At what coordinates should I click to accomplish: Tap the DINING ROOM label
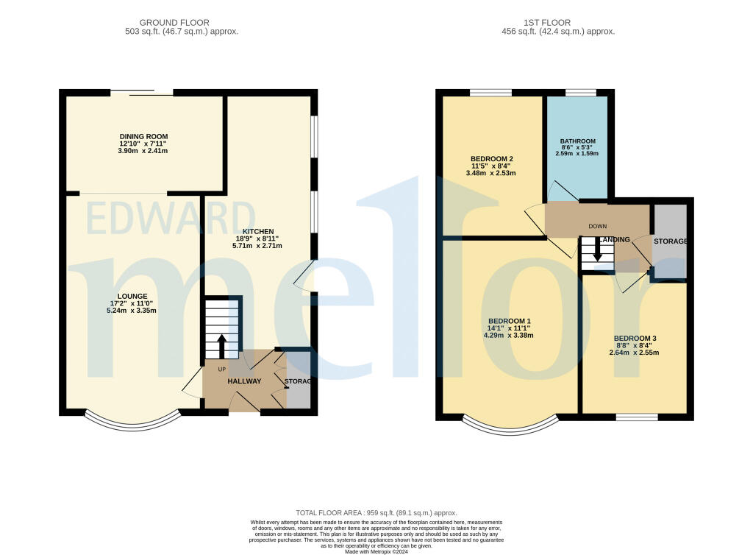point(144,136)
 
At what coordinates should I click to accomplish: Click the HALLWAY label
point(244,381)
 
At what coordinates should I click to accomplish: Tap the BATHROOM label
point(577,141)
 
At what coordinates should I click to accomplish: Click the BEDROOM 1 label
point(508,321)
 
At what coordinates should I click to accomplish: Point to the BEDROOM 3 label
point(634,338)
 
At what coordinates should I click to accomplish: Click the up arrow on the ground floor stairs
point(222,344)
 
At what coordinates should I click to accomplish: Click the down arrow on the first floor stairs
point(597,251)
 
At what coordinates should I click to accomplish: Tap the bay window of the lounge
point(132,423)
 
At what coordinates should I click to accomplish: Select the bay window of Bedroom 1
point(510,428)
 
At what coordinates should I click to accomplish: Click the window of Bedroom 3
point(637,417)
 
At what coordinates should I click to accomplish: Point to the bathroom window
point(580,93)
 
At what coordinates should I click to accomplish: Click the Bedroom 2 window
point(490,93)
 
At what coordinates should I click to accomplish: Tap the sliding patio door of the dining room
point(142,92)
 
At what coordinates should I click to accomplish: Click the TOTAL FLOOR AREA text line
point(376,513)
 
